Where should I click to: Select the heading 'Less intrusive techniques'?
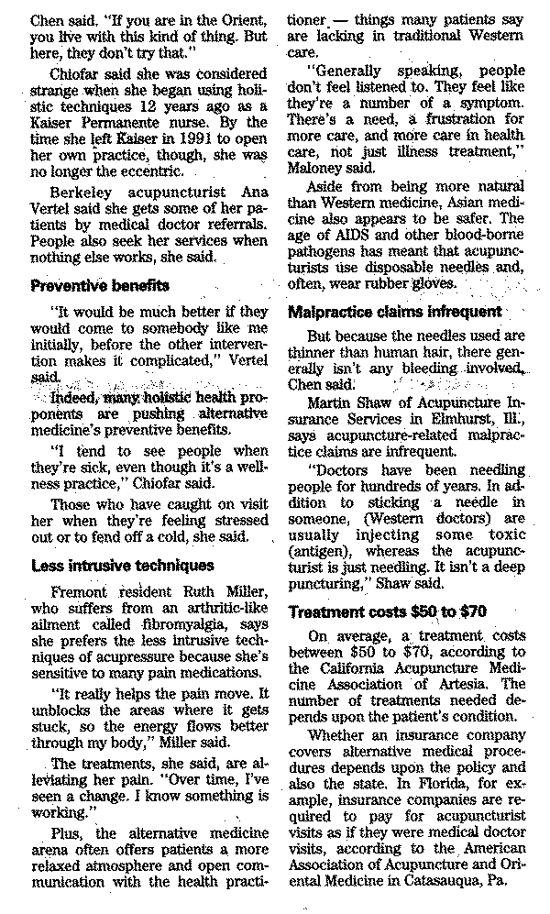tap(122, 565)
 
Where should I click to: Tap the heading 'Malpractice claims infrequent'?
tap(394, 311)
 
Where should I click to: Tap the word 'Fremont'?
tap(82, 592)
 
